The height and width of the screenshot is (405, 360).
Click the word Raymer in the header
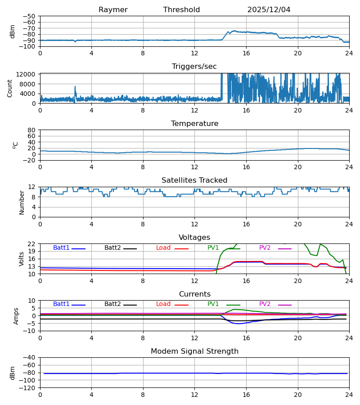point(113,10)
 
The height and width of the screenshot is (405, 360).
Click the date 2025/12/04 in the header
point(269,10)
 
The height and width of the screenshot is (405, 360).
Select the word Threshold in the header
point(181,10)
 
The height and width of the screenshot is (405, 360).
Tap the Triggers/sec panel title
point(194,67)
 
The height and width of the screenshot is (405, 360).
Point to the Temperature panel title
point(194,124)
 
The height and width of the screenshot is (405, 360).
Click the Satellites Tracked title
point(194,180)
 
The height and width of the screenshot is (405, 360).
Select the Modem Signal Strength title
point(194,351)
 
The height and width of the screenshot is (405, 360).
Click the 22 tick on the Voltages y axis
point(32,244)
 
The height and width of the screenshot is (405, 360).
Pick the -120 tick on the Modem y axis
point(29,388)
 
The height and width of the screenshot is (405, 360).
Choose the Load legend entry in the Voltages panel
point(163,248)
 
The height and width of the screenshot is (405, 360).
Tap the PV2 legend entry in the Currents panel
point(265,304)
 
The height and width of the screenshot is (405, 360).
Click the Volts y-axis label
point(21,259)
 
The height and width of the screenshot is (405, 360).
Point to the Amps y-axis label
point(16,316)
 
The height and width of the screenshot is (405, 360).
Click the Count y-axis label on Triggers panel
point(10,88)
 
